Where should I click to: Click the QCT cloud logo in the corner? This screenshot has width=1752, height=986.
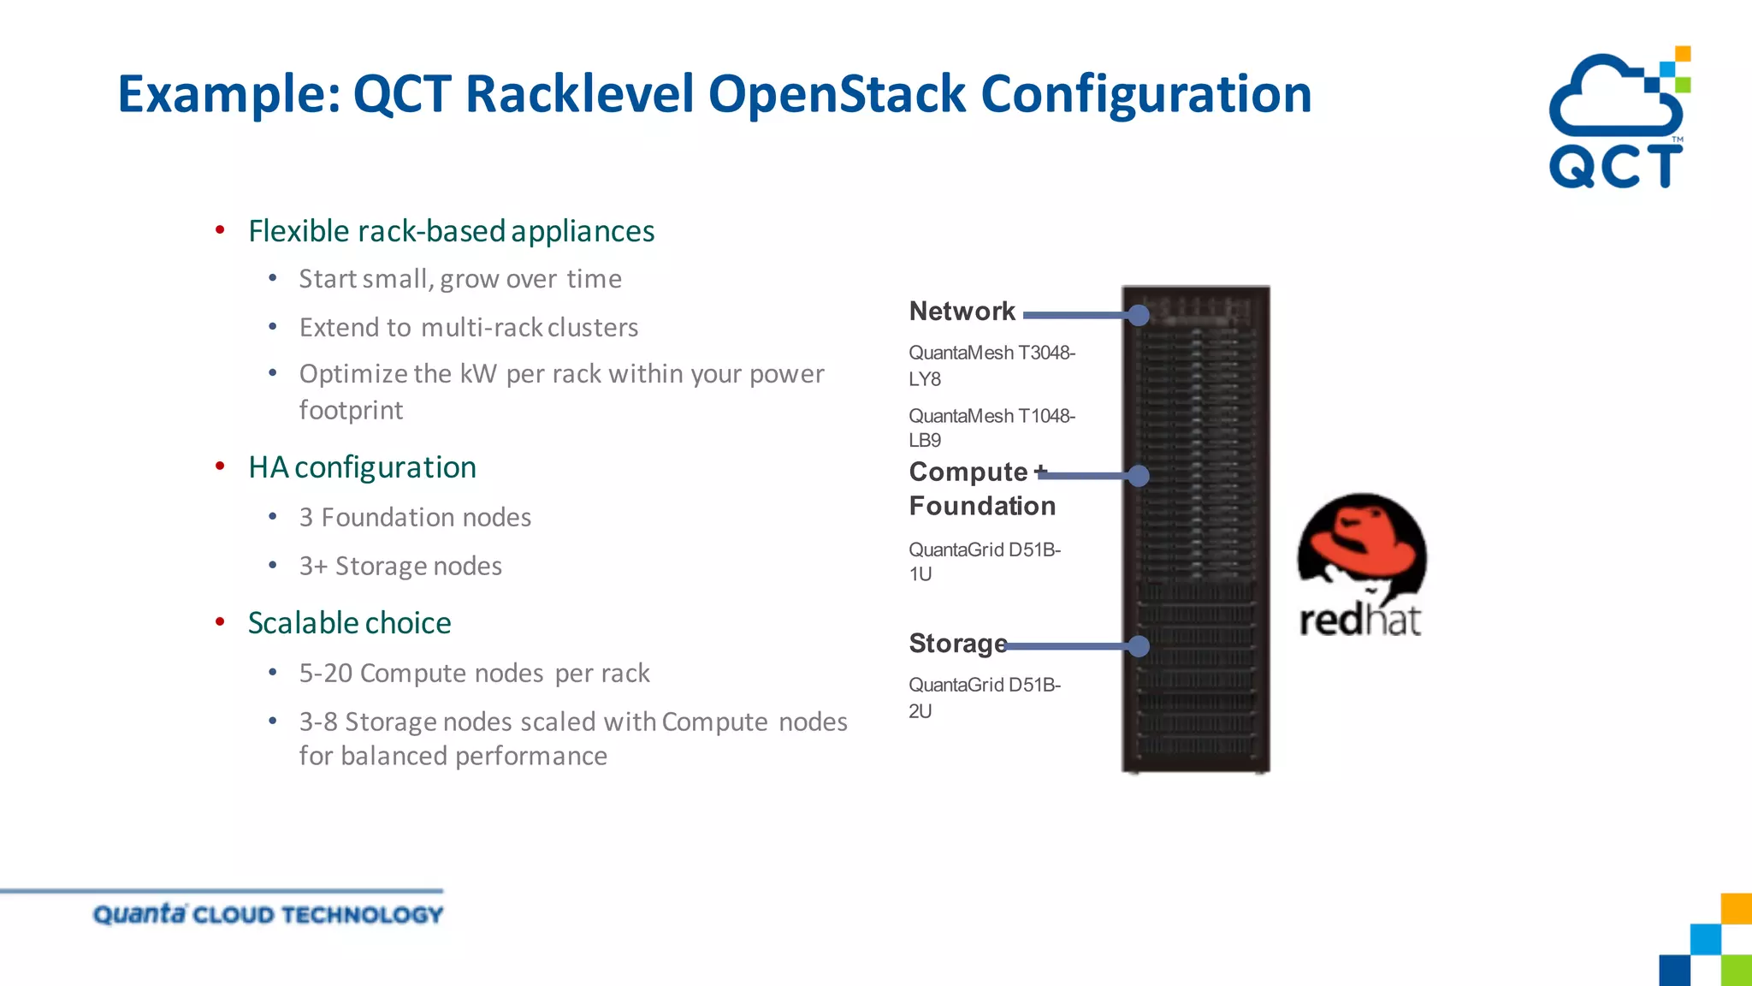(x=1616, y=119)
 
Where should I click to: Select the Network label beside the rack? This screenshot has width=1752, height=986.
(x=962, y=312)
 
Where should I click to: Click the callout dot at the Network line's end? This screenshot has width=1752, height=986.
(x=1138, y=315)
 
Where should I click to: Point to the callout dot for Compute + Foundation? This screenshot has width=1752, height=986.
(x=1138, y=476)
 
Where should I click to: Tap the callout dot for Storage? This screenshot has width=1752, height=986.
(x=1138, y=646)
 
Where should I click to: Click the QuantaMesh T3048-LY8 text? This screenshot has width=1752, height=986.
(x=991, y=365)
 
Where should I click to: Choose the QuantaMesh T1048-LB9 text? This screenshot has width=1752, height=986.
(x=991, y=428)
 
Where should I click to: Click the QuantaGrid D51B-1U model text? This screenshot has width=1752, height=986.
(x=984, y=561)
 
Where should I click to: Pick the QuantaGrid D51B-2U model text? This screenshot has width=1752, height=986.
(x=984, y=697)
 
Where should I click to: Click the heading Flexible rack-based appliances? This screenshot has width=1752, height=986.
(x=451, y=231)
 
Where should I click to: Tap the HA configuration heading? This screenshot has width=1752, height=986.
(x=362, y=467)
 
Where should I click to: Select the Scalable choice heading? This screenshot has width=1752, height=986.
(x=349, y=623)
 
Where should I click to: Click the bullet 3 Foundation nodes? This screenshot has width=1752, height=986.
(x=415, y=518)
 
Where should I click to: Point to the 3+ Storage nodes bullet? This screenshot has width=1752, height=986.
(x=400, y=567)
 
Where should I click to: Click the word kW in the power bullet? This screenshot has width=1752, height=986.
(x=478, y=374)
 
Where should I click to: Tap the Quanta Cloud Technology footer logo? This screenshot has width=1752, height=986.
(x=268, y=914)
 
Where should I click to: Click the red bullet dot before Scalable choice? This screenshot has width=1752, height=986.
(x=220, y=622)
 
